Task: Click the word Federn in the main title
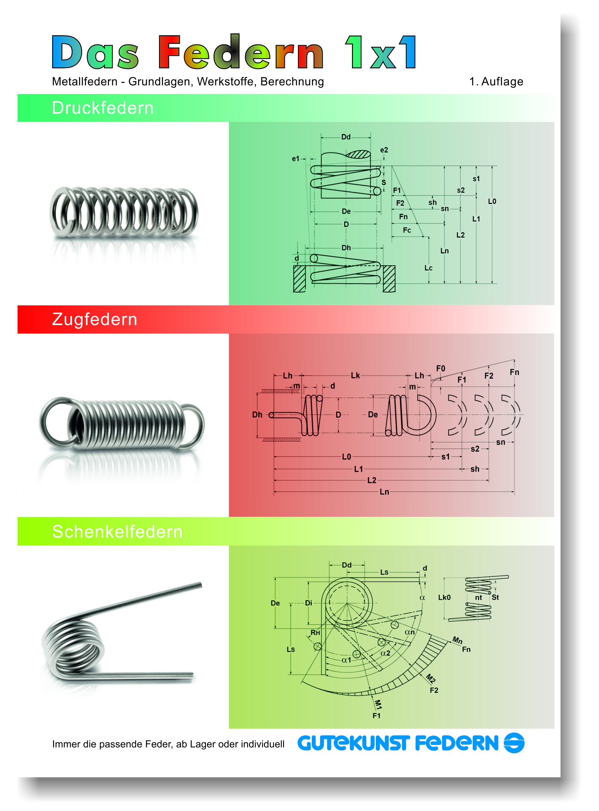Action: [x=241, y=52]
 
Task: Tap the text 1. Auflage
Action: [x=496, y=82]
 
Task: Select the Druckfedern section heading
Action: [x=103, y=108]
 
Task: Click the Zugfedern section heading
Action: [x=95, y=319]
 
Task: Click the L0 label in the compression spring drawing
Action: [x=492, y=201]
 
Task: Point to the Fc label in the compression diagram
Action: [x=407, y=230]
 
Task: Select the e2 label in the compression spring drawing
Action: [x=384, y=150]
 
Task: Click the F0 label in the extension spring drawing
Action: [x=441, y=368]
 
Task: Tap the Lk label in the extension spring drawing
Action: [x=355, y=375]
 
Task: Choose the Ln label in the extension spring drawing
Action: [x=384, y=492]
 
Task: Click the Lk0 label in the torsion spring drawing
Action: [x=444, y=597]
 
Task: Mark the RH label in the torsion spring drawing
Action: [x=315, y=633]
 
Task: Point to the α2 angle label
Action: [x=385, y=653]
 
